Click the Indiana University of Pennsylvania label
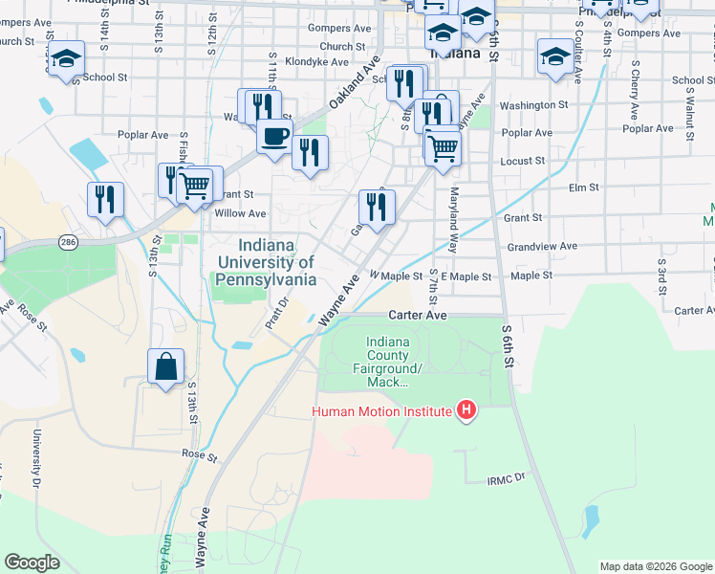click(265, 262)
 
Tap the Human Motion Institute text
click(379, 412)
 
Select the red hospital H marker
click(466, 411)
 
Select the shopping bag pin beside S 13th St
click(165, 366)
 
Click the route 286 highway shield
click(66, 240)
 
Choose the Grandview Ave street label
click(542, 246)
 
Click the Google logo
click(32, 563)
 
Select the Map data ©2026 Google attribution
click(655, 566)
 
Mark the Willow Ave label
click(241, 213)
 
